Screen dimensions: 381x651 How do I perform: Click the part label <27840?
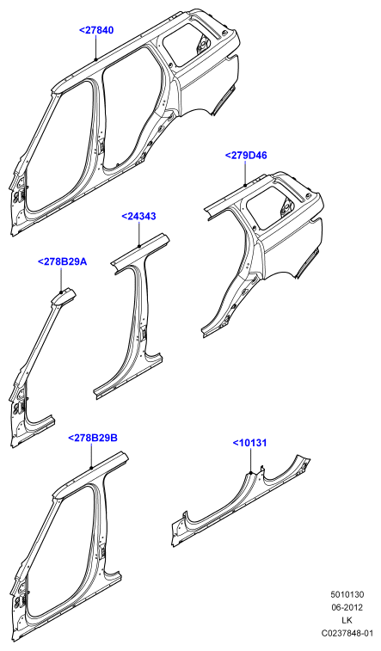point(96,30)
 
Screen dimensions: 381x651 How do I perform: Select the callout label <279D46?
point(246,156)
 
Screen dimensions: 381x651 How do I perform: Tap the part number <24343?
point(138,217)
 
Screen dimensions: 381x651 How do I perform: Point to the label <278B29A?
point(62,262)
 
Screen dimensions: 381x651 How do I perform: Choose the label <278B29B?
point(93,438)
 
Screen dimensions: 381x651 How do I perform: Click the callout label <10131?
point(249,443)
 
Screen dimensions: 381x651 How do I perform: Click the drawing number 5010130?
point(347,595)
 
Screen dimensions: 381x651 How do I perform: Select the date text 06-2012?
point(347,608)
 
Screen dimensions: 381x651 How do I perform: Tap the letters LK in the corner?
point(347,621)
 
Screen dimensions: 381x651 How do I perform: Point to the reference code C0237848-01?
point(347,634)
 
